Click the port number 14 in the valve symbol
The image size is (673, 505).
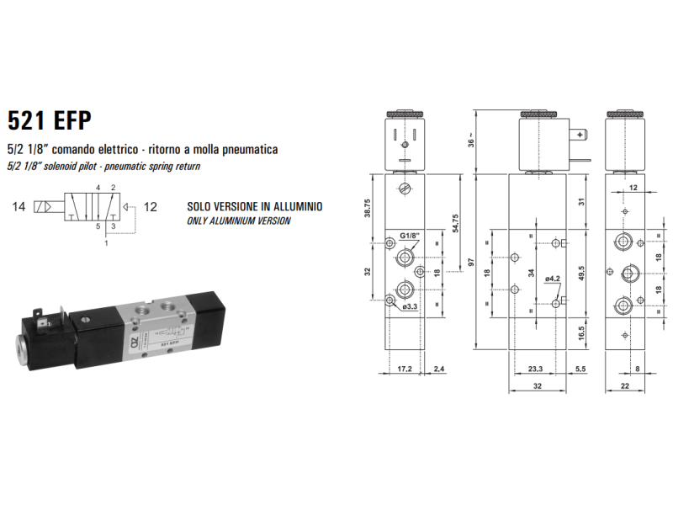click(19, 205)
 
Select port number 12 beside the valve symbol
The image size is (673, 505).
click(151, 205)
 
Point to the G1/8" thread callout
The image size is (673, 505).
click(410, 236)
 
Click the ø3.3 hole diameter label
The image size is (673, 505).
click(411, 306)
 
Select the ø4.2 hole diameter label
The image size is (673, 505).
click(553, 279)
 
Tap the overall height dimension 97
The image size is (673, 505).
click(473, 261)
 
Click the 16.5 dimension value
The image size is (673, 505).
click(581, 332)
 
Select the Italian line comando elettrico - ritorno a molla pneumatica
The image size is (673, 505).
click(142, 149)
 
